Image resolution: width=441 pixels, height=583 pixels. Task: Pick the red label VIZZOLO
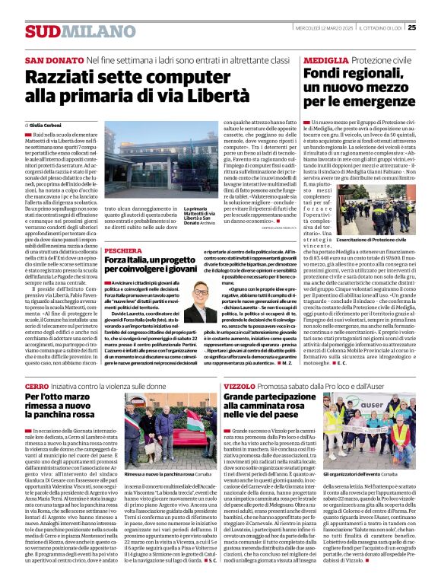(240, 387)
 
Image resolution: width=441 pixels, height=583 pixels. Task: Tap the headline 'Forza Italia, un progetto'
(152, 264)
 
